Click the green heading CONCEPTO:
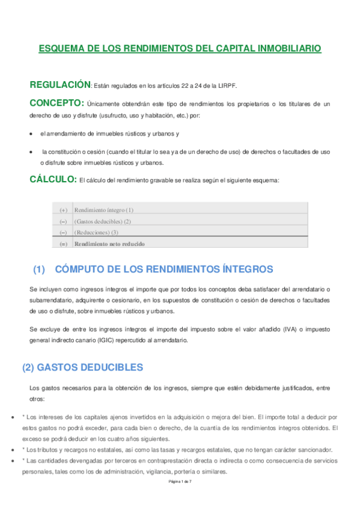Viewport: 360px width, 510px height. coord(56,103)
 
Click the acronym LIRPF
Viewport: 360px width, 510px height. coord(227,85)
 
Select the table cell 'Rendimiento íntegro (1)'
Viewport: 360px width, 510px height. coord(103,210)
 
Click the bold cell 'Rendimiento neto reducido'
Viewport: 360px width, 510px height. coord(109,244)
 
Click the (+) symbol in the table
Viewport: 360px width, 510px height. coord(63,210)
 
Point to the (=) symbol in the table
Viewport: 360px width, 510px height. coord(63,244)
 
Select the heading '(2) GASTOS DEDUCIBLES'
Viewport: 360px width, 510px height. coord(82,366)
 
